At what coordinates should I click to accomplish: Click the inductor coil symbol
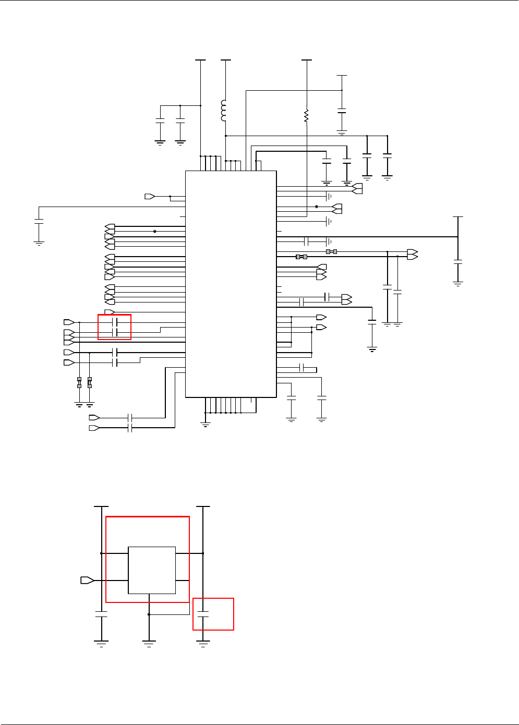224,111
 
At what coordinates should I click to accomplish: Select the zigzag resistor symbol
306,116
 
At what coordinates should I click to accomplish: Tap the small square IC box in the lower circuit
152,570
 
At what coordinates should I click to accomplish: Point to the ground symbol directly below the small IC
149,643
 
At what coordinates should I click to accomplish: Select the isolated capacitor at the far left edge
39,222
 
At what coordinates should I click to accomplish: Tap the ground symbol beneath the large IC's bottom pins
206,424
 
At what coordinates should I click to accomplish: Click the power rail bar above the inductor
225,60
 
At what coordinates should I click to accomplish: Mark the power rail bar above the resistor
307,60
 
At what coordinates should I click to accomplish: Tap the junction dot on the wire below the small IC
149,614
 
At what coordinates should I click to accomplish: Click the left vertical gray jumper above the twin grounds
79,382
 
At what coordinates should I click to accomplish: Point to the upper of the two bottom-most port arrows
94,417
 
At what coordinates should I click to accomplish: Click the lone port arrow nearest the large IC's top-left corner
150,196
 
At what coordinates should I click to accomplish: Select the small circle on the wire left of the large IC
155,232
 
